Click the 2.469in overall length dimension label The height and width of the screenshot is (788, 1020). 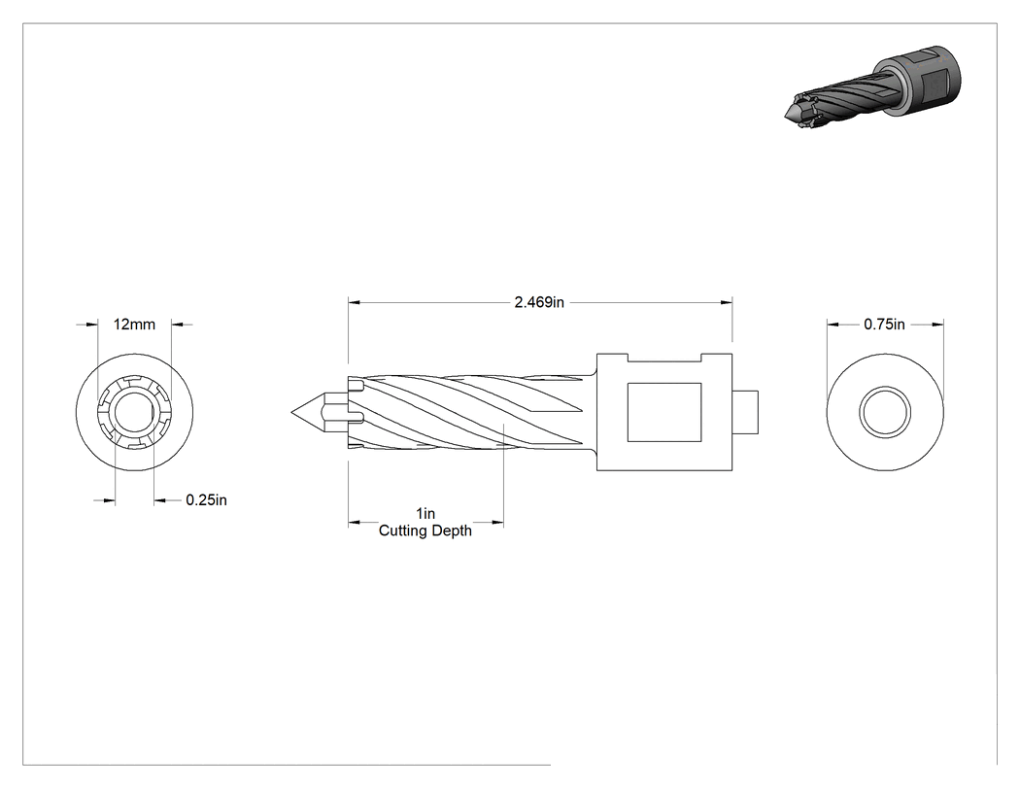point(539,302)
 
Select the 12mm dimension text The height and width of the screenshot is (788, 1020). point(135,325)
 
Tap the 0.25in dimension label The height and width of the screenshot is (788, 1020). point(206,499)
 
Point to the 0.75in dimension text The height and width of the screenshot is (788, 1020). point(884,325)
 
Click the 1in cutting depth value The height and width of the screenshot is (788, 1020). point(425,513)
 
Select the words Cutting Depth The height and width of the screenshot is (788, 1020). point(425,531)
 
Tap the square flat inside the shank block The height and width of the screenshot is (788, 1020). point(664,412)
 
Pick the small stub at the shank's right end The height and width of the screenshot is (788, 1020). point(745,412)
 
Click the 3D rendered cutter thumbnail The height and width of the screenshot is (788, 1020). point(873,86)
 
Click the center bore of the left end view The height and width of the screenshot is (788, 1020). point(134,413)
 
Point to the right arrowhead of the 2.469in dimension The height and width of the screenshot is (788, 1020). point(728,302)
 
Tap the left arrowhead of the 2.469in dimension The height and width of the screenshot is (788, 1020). point(354,302)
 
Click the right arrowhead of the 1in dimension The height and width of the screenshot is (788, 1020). point(497,522)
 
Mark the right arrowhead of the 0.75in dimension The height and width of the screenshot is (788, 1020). point(937,325)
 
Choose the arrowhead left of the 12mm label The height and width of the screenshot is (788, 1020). point(91,325)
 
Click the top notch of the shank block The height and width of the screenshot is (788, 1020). point(664,358)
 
